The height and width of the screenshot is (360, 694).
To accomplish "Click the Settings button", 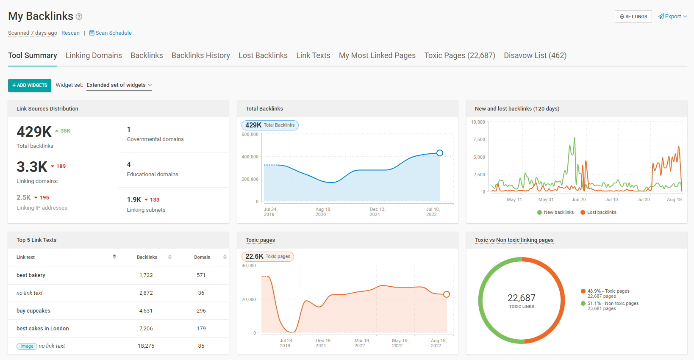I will tap(633, 17).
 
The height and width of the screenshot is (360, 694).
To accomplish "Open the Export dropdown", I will tap(672, 17).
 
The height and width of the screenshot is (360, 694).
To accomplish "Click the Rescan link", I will tap(70, 33).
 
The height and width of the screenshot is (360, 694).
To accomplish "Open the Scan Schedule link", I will tap(111, 33).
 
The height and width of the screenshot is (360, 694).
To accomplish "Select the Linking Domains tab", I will tap(94, 55).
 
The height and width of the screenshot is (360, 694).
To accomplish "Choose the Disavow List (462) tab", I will tap(535, 55).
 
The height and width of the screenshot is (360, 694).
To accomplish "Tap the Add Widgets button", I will tap(30, 85).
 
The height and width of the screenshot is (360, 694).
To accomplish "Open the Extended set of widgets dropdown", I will tap(119, 85).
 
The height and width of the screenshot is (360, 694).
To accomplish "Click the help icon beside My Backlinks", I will tap(79, 17).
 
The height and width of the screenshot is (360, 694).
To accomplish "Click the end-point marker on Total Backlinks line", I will tap(440, 153).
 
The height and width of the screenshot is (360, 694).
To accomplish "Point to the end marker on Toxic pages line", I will tap(447, 294).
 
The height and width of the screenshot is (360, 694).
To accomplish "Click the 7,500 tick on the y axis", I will tap(479, 139).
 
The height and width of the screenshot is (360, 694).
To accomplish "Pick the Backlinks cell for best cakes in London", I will tap(146, 329).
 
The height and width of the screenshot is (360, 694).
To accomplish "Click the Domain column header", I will tap(202, 257).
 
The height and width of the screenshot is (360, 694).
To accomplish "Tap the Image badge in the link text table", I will tap(27, 346).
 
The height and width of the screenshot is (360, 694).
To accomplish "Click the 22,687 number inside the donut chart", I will tap(522, 298).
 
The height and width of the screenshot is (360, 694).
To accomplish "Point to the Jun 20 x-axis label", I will tap(578, 199).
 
